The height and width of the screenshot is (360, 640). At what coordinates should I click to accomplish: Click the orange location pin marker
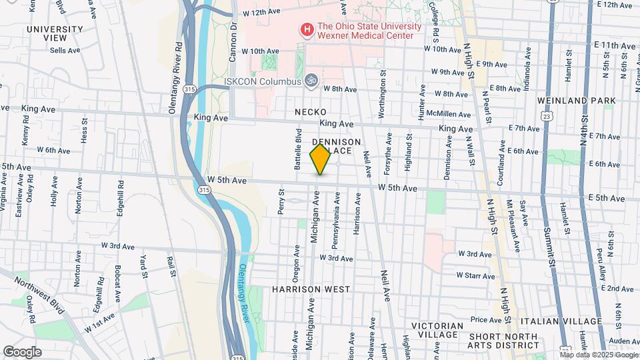[320, 159]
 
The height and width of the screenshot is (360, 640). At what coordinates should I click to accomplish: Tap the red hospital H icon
[307, 29]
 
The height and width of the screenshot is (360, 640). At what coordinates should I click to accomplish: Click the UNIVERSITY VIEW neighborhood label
[55, 33]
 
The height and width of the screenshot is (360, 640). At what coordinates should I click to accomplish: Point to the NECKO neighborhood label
[311, 112]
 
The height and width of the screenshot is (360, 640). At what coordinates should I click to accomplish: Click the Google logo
[22, 352]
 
